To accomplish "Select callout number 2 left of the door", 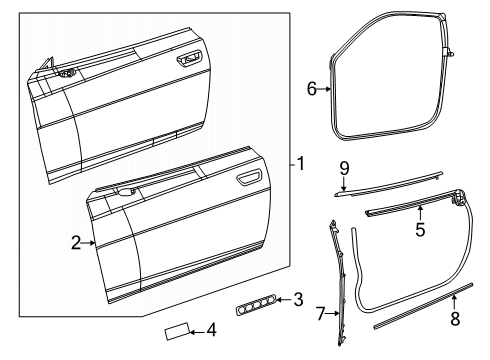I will click(74, 242).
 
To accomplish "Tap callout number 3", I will click(299, 298).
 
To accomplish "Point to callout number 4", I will click(211, 329).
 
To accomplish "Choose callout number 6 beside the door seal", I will click(311, 89).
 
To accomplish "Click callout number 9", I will click(343, 168).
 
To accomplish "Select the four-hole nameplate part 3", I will click(255, 301).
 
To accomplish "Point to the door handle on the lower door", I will click(247, 180).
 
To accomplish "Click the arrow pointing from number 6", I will click(326, 89).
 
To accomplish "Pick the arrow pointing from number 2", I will click(90, 242).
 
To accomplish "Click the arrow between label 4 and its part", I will click(197, 330).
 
